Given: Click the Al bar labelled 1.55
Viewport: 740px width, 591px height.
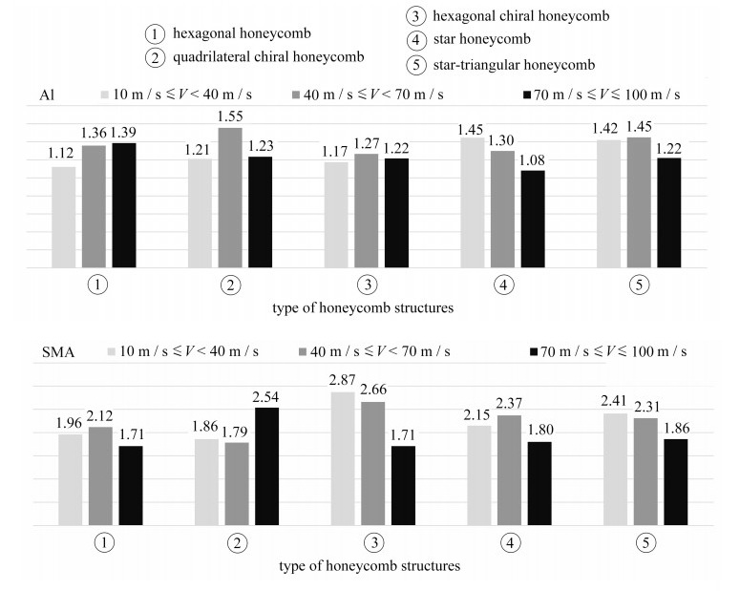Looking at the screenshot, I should pos(230,198).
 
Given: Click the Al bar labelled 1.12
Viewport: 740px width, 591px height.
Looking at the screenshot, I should pos(63,218).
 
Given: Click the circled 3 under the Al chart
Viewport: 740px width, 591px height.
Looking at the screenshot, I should pos(367,285).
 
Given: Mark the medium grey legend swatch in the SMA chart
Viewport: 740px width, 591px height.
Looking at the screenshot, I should pos(306,353).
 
